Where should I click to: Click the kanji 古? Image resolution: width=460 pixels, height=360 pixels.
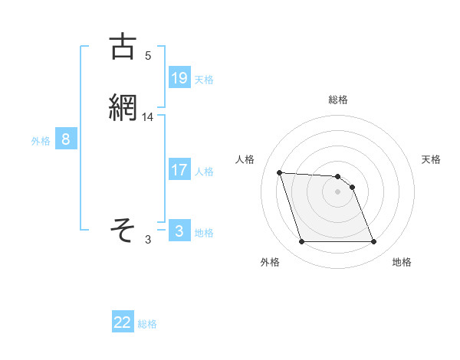pos(123,47)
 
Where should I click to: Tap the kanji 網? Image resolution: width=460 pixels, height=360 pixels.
pos(123,107)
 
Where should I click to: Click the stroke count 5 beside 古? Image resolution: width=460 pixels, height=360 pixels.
pos(148,56)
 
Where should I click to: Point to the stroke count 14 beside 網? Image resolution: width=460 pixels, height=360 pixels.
pos(148,117)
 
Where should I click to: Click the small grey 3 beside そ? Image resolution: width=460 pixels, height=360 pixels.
pos(148,240)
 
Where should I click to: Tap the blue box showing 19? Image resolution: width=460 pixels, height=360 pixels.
pos(179,77)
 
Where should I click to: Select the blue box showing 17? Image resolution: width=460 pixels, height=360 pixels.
pos(179,169)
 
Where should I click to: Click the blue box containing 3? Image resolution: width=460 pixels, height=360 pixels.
pos(179,231)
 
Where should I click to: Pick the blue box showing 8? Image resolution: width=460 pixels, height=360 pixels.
pos(66,139)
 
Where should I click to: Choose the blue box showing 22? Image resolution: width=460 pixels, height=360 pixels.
pos(123,322)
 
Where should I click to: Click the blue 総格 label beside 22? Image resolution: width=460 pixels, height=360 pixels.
pos(147,324)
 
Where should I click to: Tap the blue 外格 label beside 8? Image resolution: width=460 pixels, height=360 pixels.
pos(41,140)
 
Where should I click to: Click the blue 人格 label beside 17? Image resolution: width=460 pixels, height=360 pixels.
pos(204,171)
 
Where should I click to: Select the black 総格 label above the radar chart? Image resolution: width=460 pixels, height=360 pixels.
pos(338,100)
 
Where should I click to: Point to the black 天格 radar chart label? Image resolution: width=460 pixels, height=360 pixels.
pos(431,159)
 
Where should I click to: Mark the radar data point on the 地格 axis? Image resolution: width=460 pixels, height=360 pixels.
pos(373,242)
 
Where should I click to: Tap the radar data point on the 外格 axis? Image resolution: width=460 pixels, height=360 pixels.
pos(301,242)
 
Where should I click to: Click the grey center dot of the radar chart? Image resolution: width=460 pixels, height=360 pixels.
pos(337,191)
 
